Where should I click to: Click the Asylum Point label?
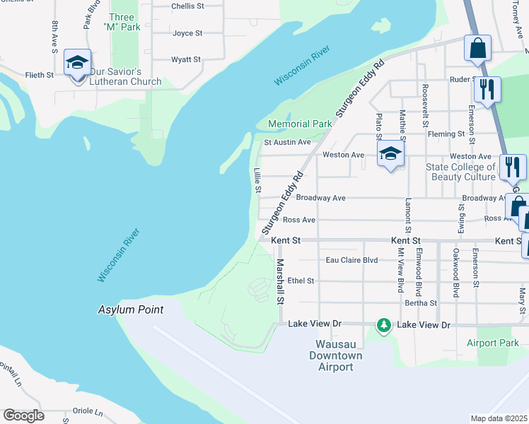point(130,310)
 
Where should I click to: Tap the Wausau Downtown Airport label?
point(335,355)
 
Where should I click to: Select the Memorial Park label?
point(300,124)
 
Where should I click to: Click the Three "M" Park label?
point(122,22)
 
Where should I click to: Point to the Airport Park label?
point(493,343)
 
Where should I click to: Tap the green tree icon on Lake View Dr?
point(384,324)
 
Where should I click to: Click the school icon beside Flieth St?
point(77,62)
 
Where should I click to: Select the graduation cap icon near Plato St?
point(390,153)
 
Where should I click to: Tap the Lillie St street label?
point(257,180)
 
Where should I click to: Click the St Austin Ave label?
point(287,142)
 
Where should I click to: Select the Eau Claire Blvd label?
point(351,260)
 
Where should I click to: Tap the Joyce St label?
point(187,33)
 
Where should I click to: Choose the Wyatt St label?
point(186,59)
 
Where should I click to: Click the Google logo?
point(23,415)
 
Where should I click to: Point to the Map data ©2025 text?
point(499,418)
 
